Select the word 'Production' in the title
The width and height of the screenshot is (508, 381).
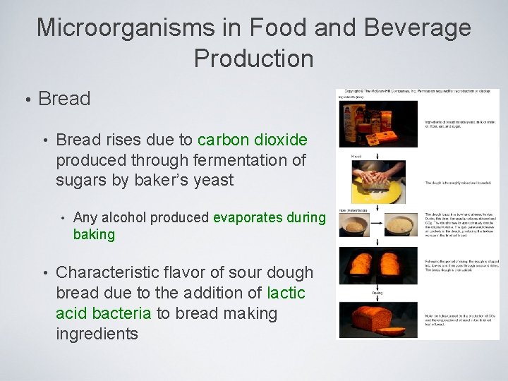254,59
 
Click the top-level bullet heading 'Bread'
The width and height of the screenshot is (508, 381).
64,99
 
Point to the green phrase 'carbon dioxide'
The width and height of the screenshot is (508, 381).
253,140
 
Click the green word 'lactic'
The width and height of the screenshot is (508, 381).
286,293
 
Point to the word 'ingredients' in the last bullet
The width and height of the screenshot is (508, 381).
97,334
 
